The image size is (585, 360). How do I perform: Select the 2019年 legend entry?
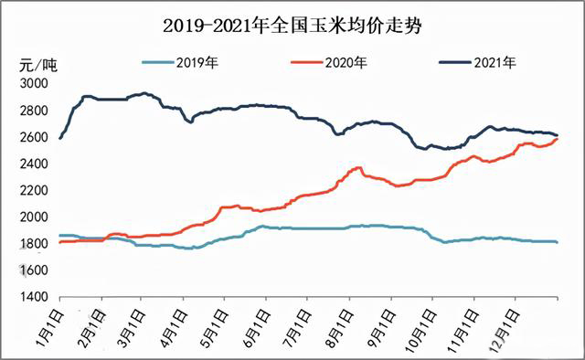pos(195,63)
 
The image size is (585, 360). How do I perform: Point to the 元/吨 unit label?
pos(37,65)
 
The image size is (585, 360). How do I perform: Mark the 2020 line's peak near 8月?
pos(359,167)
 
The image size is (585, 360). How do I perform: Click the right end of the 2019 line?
pos(558,242)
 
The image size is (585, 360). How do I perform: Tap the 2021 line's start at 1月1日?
pos(60,138)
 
